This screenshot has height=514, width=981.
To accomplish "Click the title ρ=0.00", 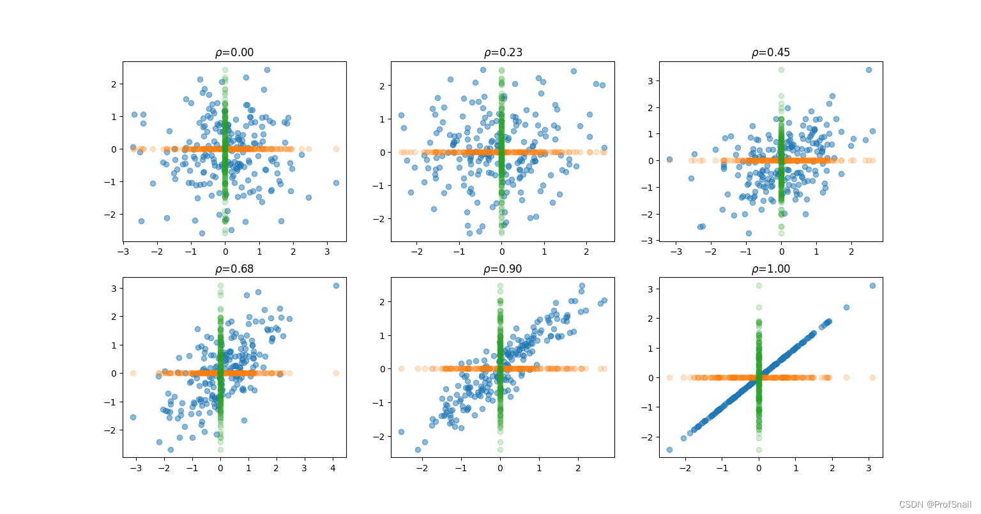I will click(x=234, y=52).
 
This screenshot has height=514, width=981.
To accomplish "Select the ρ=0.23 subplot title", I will click(x=503, y=52).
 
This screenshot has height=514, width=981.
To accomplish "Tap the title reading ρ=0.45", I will click(x=771, y=52).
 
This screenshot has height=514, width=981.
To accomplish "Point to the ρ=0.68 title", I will click(x=234, y=269).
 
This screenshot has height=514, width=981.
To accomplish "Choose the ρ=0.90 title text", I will click(x=503, y=269).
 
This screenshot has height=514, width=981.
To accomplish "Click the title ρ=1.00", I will click(x=771, y=269).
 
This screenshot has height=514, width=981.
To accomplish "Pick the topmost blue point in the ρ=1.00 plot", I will click(x=872, y=285).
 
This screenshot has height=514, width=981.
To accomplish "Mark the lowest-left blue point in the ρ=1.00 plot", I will click(x=669, y=450).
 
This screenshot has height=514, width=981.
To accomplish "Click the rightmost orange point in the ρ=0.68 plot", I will click(x=336, y=373).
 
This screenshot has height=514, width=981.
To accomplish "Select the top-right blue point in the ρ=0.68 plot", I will click(x=336, y=285).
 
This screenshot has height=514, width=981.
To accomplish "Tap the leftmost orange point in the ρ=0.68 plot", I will click(x=133, y=373).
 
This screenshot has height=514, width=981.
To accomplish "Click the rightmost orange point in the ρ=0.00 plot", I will click(x=336, y=149).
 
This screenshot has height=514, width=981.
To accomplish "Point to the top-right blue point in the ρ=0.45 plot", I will click(x=869, y=70).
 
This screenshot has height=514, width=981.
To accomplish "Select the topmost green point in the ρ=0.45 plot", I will click(x=781, y=70).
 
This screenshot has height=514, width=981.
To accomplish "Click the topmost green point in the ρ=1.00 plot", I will click(x=759, y=285).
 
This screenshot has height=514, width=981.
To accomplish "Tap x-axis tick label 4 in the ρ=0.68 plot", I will click(x=333, y=468).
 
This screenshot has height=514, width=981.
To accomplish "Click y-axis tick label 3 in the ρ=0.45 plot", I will click(x=650, y=81).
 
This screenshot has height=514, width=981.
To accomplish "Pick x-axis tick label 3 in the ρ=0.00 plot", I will click(x=328, y=252).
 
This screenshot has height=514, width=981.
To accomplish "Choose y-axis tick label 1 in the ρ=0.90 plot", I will click(x=381, y=336).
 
